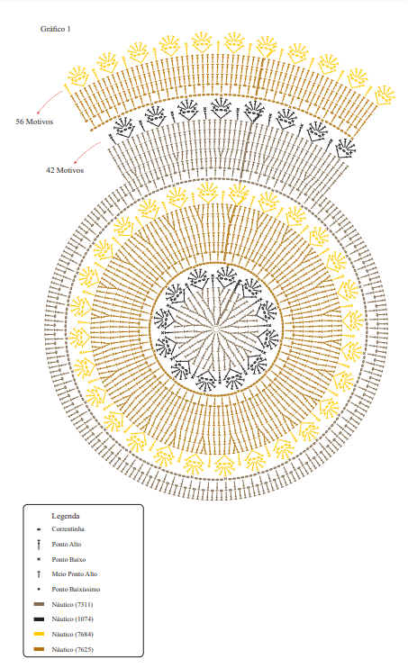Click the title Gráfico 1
point(56,29)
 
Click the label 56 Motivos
point(34,122)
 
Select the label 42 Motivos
point(65,170)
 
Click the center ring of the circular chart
point(216,329)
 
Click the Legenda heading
point(66,516)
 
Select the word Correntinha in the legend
point(68,529)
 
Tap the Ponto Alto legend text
point(67,544)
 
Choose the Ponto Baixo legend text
point(68,559)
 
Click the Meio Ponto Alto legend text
point(75,574)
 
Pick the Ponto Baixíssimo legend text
point(76,589)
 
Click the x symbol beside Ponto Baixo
point(39,559)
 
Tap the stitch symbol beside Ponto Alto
point(39,545)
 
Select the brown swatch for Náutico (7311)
point(39,604)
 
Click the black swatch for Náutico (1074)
point(39,619)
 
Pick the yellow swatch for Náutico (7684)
point(39,635)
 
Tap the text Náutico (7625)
point(72,650)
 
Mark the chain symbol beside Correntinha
point(39,529)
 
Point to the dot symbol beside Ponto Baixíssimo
point(39,589)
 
